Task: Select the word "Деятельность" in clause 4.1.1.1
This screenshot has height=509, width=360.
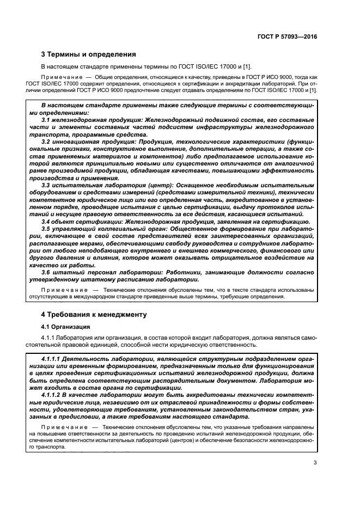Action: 86,360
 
